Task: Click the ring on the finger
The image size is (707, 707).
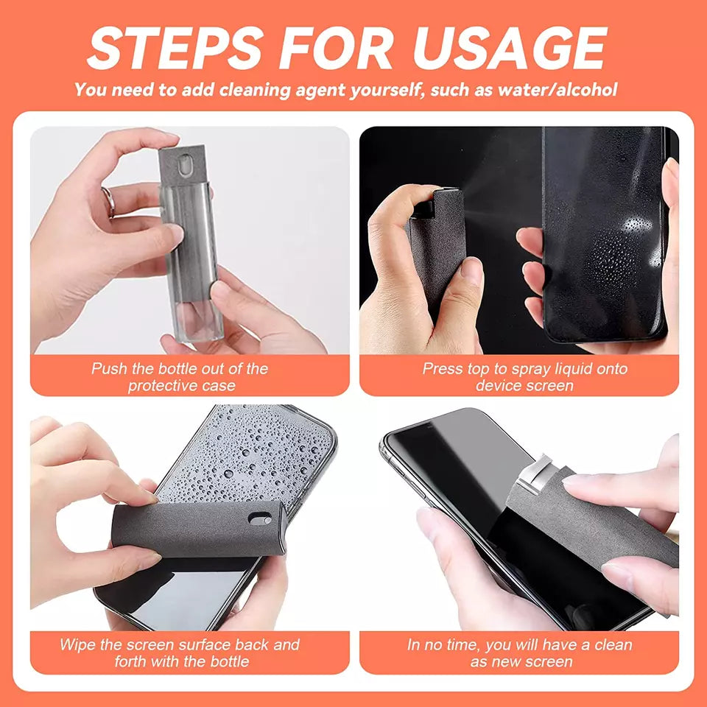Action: tap(108, 202)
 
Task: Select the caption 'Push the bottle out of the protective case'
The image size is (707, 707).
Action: tap(180, 377)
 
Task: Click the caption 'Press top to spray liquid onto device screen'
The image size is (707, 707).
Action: tap(524, 377)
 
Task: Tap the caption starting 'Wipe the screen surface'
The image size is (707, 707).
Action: tap(180, 653)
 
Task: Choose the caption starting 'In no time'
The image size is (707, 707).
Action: tap(520, 653)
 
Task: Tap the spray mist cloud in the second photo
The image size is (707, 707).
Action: tap(501, 184)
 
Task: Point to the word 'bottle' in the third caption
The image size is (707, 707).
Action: tap(226, 661)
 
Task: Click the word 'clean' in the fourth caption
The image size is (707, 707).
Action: tap(613, 644)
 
